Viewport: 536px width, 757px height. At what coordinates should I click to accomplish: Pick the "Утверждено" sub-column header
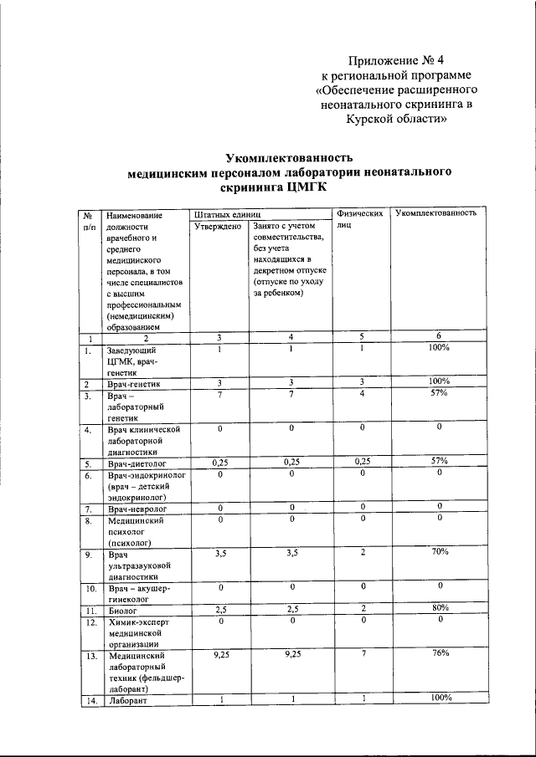[219, 226]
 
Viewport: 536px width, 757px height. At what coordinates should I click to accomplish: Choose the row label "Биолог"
[123, 611]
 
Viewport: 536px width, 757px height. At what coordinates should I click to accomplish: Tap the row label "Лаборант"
[126, 700]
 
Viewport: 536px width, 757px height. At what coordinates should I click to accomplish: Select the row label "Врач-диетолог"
[140, 463]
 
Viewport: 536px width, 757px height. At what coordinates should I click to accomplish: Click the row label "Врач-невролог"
[137, 509]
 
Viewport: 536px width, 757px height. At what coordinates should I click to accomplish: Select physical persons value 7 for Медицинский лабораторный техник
[363, 653]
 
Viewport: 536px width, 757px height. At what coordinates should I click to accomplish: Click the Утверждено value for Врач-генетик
[219, 382]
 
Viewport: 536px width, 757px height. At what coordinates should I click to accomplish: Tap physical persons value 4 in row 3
[363, 393]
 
